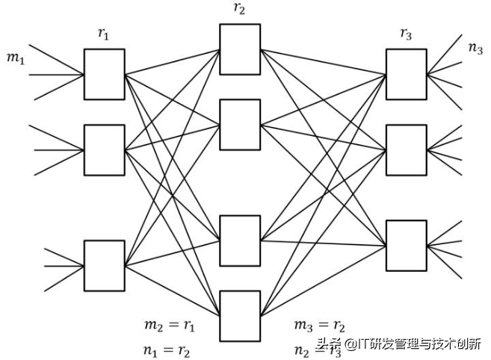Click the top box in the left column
click(104, 75)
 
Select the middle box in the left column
click(104, 150)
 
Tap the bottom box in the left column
click(104, 265)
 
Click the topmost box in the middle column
click(240, 49)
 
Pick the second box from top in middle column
click(240, 125)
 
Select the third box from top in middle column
click(240, 240)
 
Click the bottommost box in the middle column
click(240, 315)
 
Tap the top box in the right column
click(406, 75)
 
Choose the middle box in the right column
click(406, 150)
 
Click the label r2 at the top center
click(240, 10)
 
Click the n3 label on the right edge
click(475, 48)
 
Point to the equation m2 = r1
click(169, 326)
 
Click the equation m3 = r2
click(320, 326)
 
